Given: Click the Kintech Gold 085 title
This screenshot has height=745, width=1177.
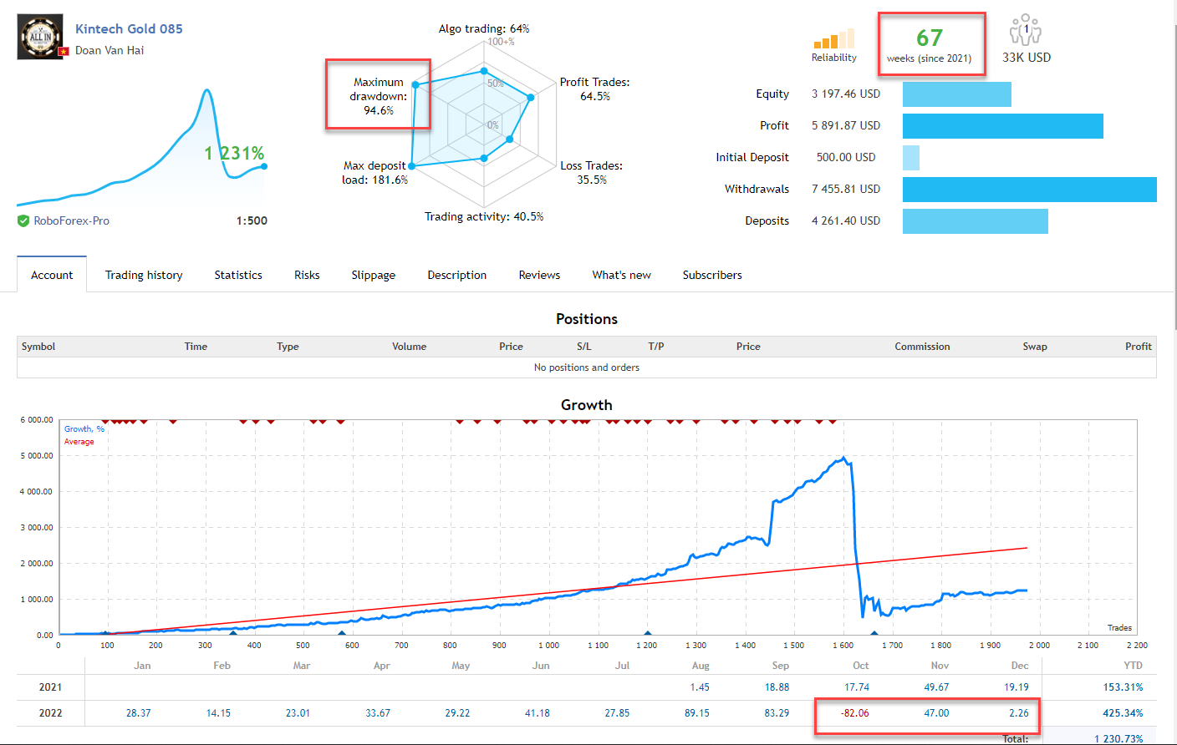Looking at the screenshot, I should coord(129,28).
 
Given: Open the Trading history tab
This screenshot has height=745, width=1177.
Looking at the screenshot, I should coord(144,275).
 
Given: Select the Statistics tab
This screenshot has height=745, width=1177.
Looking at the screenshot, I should coord(238,275).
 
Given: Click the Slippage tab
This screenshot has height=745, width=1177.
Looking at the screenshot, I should coord(373,275).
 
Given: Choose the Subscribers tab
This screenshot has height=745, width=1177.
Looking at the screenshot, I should coord(712,275).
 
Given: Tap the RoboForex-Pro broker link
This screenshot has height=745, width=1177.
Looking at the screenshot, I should coord(71,220).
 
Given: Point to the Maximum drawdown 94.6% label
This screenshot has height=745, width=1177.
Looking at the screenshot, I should coord(378,96).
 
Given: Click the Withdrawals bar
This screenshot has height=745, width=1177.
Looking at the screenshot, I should coord(1029,190).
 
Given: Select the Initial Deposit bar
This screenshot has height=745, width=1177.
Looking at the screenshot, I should coord(911,158).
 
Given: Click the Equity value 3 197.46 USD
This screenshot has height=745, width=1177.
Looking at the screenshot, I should coord(845,94).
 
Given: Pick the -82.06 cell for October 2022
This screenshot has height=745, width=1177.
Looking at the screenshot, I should coord(855,713).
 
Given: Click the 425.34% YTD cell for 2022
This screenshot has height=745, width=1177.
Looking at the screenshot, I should coord(1123,713).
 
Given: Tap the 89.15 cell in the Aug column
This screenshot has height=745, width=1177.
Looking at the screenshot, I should coord(697,713).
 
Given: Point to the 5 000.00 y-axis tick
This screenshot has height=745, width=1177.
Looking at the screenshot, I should coord(37,456).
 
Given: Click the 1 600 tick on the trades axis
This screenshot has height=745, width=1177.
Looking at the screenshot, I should coord(843,646).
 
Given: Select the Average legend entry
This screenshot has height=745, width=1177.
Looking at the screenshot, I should coord(79,442).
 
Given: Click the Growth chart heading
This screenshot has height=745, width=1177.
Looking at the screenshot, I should coord(586,405).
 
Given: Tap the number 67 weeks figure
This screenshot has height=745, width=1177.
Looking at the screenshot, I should coord(929,38).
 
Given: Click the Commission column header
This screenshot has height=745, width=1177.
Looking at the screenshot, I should coord(922,347).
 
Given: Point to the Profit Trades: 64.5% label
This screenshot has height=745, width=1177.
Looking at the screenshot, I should coord(594,89).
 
